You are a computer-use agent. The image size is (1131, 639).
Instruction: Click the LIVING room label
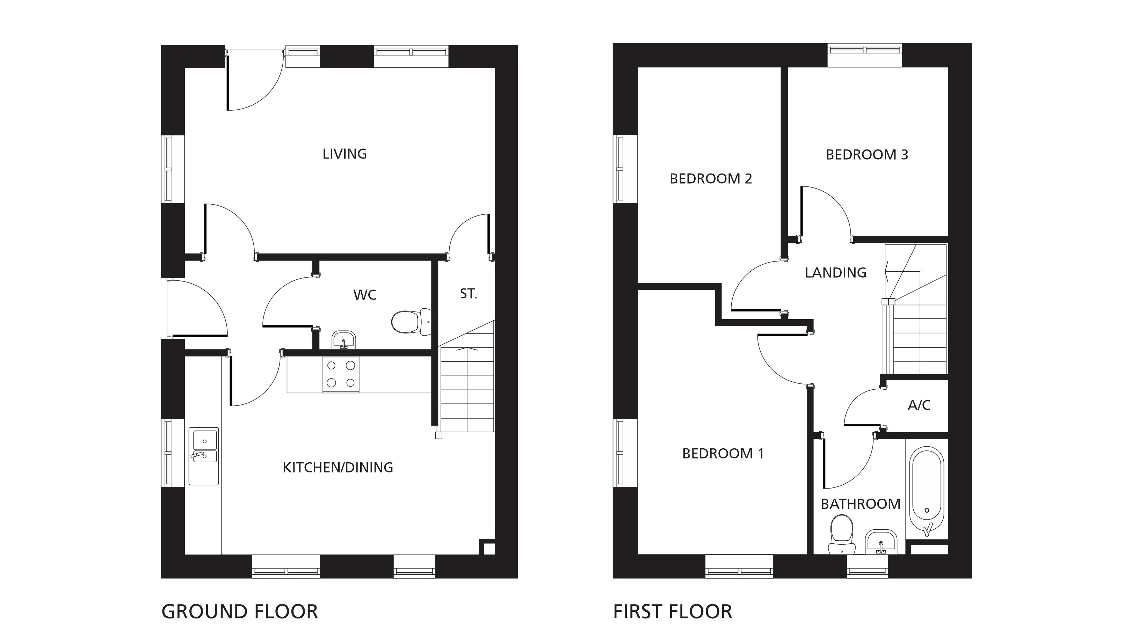345,154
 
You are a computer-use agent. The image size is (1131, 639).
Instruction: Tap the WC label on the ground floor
365,295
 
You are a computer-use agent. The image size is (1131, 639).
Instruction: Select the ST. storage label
469,294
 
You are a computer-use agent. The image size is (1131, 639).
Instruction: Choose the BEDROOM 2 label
711,179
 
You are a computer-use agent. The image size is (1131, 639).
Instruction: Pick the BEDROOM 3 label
867,154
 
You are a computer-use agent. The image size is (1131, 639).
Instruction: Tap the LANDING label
835,273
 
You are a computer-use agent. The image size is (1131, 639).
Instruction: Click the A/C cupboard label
919,405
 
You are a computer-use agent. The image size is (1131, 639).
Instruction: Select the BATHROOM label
861,504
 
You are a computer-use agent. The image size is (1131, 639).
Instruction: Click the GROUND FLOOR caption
240,611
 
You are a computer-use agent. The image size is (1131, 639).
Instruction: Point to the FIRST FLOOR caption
673,611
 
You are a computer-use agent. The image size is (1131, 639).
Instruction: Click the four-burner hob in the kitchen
341,374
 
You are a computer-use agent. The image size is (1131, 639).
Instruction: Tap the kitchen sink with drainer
204,456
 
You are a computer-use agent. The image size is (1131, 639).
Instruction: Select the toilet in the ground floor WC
411,322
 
